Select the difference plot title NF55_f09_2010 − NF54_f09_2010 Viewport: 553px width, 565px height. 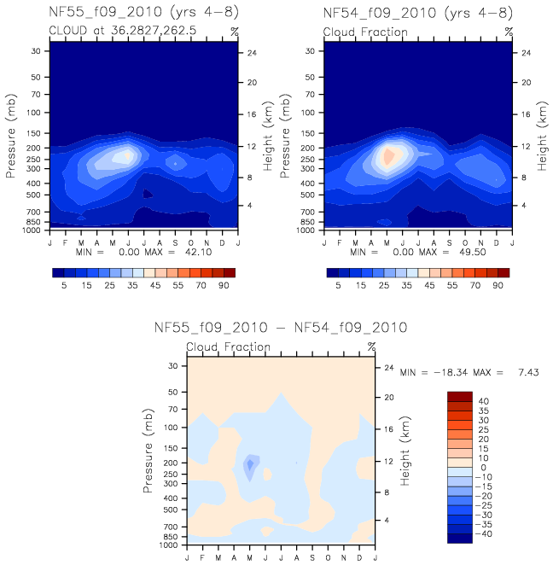pos(280,327)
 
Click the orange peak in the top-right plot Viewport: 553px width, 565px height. pos(388,157)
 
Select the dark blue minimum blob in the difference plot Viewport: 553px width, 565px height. pos(250,465)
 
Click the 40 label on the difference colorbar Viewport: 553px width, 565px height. pos(482,401)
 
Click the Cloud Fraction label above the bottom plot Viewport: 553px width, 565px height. pos(228,347)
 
